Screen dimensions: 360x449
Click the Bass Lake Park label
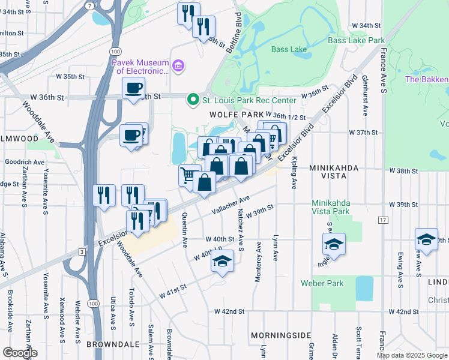[356, 40]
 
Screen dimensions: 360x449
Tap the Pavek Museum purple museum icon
[178, 65]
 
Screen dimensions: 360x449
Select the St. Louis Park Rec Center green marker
[193, 100]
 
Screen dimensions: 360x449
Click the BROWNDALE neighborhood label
[113, 345]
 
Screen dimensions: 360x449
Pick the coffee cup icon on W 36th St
[133, 88]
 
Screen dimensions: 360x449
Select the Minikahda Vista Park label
[331, 207]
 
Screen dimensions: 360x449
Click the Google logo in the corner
[20, 353]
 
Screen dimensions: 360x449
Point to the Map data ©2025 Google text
[412, 355]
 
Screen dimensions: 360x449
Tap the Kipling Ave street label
[294, 172]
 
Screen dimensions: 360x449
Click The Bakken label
[427, 79]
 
